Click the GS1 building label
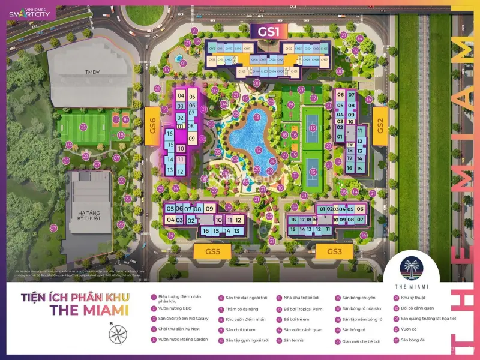point(268,31)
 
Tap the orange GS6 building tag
point(153,126)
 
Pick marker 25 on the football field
point(83,127)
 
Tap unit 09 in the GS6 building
point(192,139)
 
